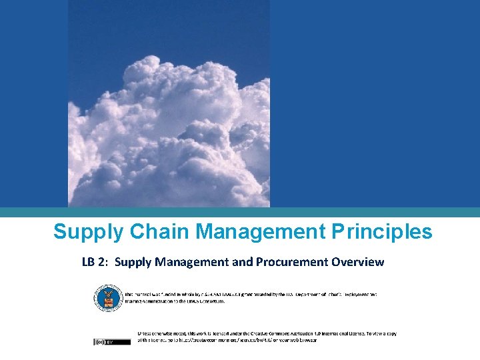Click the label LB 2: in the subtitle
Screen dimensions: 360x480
[x=96, y=262]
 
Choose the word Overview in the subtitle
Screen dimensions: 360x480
[x=359, y=262]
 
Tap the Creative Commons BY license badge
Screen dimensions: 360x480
[x=103, y=342]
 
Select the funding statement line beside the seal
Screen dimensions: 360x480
[x=250, y=293]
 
